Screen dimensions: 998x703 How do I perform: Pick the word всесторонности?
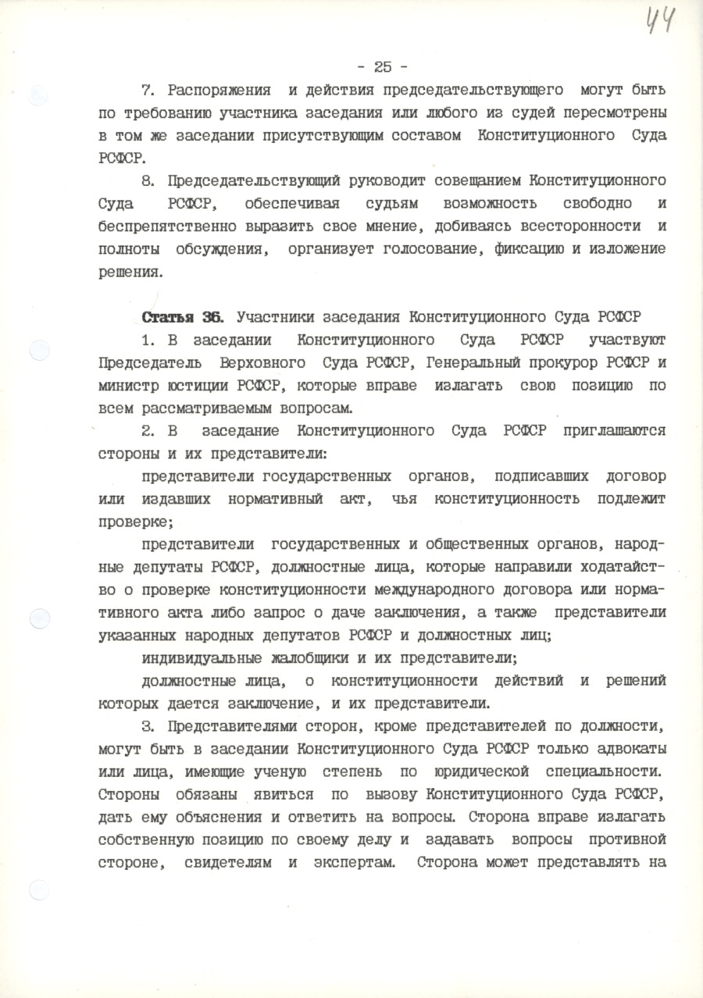coord(589,227)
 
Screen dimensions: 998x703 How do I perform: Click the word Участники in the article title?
coord(273,318)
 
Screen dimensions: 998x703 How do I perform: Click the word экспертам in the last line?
coord(348,862)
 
